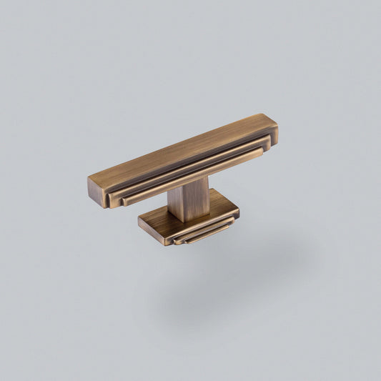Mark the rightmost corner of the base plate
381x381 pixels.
pos(239,209)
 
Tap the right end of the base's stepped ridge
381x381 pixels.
pos(233,224)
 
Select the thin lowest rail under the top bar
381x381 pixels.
pos(193,176)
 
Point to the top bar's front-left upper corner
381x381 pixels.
pos(89,177)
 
